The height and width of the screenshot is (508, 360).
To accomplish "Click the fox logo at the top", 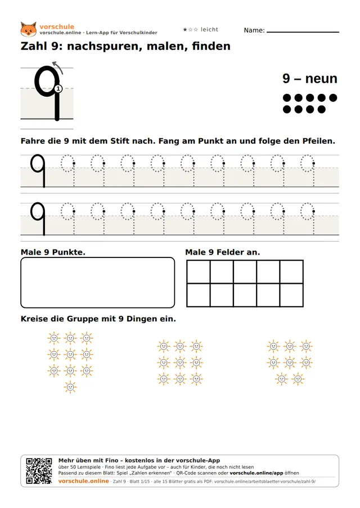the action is tap(29, 29).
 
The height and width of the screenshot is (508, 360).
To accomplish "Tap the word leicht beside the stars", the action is tap(209, 29).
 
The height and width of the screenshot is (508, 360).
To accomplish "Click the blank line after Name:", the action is tap(303, 32).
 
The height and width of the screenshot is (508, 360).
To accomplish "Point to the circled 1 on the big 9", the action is tap(58, 88).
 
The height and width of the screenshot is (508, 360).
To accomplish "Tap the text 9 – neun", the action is tap(310, 79).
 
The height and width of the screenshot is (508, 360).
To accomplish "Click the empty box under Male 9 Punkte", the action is tap(98, 282).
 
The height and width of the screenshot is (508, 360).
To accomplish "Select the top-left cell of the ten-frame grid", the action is tap(199, 272).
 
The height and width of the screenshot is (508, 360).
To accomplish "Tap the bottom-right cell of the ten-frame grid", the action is tap(291, 295).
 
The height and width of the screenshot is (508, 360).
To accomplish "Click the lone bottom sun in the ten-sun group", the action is tap(70, 387).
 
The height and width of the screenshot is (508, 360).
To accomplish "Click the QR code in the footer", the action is tap(39, 471).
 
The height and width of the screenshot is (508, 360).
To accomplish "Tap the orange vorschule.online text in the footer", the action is tap(83, 481).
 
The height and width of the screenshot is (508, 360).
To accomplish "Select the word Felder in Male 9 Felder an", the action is tap(228, 252).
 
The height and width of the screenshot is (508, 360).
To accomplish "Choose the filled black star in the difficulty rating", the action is tap(185, 29).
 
